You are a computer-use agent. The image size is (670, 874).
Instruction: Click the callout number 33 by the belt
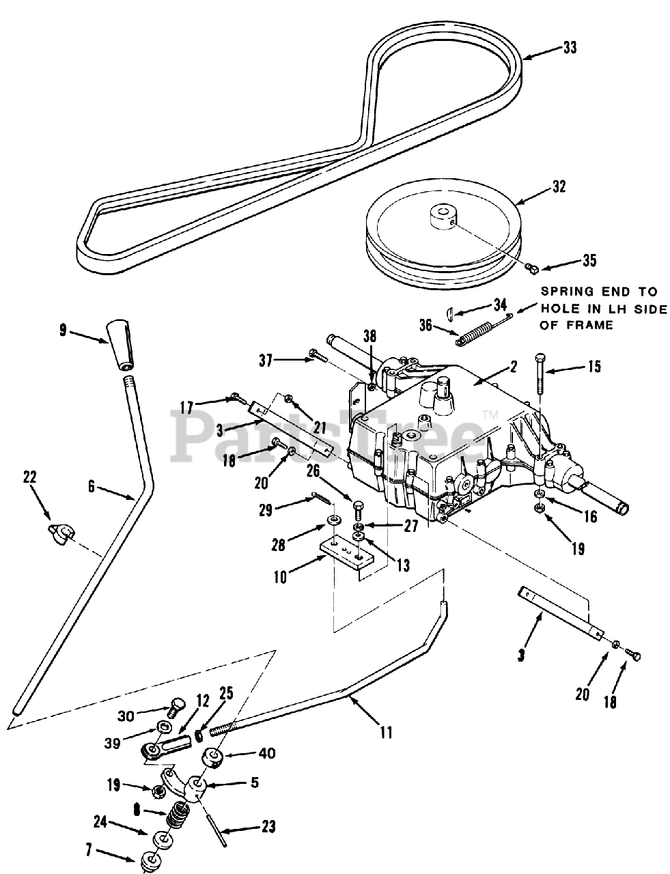[570, 48]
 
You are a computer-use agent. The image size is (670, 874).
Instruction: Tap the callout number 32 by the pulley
[558, 187]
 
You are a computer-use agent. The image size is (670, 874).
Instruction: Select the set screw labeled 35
[532, 268]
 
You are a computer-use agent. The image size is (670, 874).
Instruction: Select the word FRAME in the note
[589, 324]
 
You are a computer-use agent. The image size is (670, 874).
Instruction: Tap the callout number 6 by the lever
[92, 487]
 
